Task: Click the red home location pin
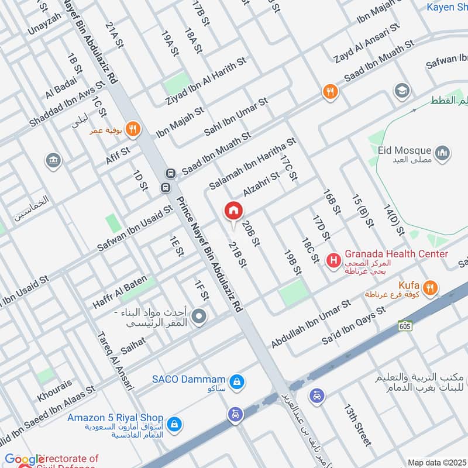pyautogui.click(x=233, y=211)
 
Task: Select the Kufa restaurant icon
pyautogui.click(x=431, y=287)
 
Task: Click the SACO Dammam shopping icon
pyautogui.click(x=236, y=382)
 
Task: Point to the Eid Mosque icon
pyautogui.click(x=442, y=153)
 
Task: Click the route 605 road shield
pyautogui.click(x=404, y=325)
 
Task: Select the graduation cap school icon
pyautogui.click(x=401, y=90)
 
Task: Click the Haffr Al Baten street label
pyautogui.click(x=120, y=292)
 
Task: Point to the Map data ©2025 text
pyautogui.click(x=436, y=462)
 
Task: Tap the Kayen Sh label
pyautogui.click(x=446, y=8)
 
